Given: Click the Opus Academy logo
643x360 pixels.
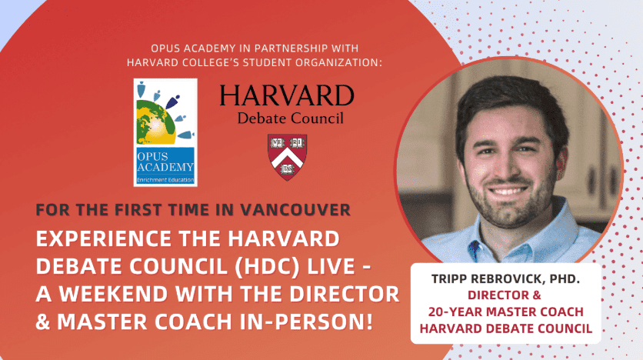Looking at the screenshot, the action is (x=165, y=132).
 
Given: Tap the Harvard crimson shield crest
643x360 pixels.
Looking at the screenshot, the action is (x=287, y=157).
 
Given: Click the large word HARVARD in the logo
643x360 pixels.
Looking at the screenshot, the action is (x=287, y=95).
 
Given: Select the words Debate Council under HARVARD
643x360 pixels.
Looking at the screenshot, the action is (x=290, y=118).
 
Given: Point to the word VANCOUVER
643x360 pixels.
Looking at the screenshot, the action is (x=295, y=210).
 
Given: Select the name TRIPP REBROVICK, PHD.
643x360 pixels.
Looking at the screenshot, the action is (x=505, y=279).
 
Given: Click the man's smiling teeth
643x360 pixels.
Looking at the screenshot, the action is (x=508, y=191).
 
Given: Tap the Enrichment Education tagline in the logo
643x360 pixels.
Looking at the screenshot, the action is (x=165, y=180).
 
